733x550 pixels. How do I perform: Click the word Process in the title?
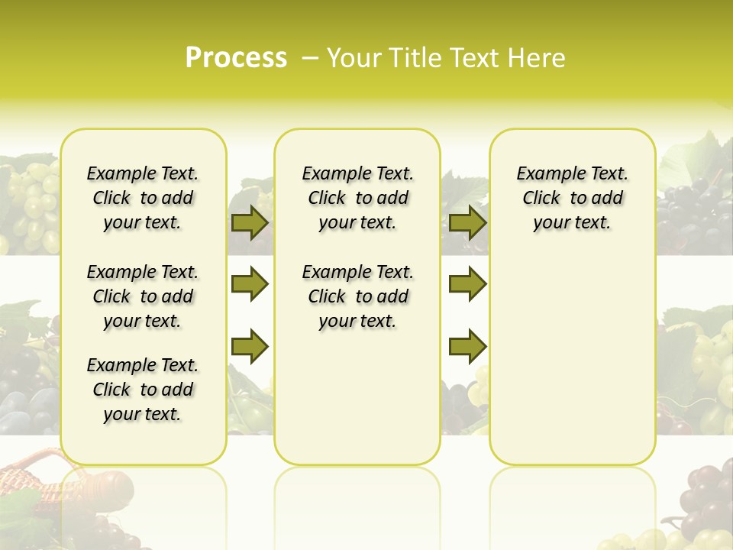pyautogui.click(x=236, y=57)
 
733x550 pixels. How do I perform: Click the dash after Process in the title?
pyautogui.click(x=309, y=58)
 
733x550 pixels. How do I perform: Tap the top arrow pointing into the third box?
pyautogui.click(x=467, y=222)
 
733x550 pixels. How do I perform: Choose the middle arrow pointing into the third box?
pyautogui.click(x=467, y=284)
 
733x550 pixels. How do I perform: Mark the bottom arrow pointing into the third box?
pyautogui.click(x=467, y=346)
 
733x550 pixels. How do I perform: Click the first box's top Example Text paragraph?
pyautogui.click(x=143, y=198)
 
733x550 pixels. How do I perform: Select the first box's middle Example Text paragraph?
pyautogui.click(x=143, y=296)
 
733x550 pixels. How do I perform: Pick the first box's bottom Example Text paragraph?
pyautogui.click(x=143, y=390)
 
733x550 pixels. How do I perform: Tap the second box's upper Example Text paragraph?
pyautogui.click(x=357, y=198)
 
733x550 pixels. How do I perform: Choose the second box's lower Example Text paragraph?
pyautogui.click(x=357, y=296)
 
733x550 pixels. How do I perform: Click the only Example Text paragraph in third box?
pyautogui.click(x=572, y=198)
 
